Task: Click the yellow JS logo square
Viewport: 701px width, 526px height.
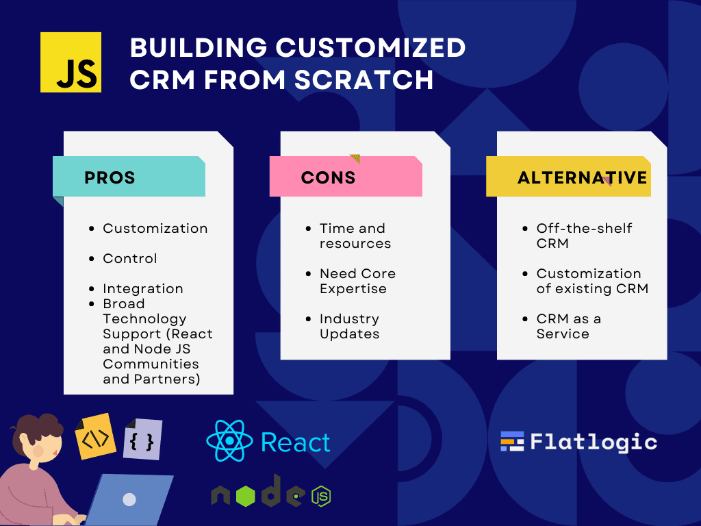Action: [x=71, y=62]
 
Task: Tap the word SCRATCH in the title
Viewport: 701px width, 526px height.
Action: [x=364, y=79]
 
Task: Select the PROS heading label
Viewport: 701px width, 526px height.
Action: [x=110, y=177]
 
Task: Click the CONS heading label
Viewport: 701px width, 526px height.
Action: [x=328, y=177]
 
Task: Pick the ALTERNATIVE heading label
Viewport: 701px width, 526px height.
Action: [x=582, y=177]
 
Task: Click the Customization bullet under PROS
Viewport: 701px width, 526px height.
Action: [x=155, y=228]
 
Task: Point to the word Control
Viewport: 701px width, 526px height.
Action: [x=129, y=258]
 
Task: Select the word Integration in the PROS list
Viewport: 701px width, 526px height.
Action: [x=142, y=288]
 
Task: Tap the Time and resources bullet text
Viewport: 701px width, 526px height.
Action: [x=355, y=236]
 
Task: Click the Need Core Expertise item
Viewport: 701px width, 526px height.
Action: [x=357, y=281]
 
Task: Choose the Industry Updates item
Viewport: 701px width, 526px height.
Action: [x=350, y=326]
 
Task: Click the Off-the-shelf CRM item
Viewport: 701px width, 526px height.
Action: [x=585, y=236]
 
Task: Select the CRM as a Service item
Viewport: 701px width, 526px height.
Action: [x=569, y=326]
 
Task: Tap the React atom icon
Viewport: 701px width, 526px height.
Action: [x=229, y=441]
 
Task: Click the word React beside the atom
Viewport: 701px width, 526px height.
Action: [x=296, y=443]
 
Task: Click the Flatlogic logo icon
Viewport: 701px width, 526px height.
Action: [x=512, y=442]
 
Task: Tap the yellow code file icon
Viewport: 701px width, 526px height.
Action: [x=95, y=436]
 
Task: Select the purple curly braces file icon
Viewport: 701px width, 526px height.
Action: [x=142, y=440]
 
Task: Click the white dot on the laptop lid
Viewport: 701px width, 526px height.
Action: [x=129, y=499]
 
